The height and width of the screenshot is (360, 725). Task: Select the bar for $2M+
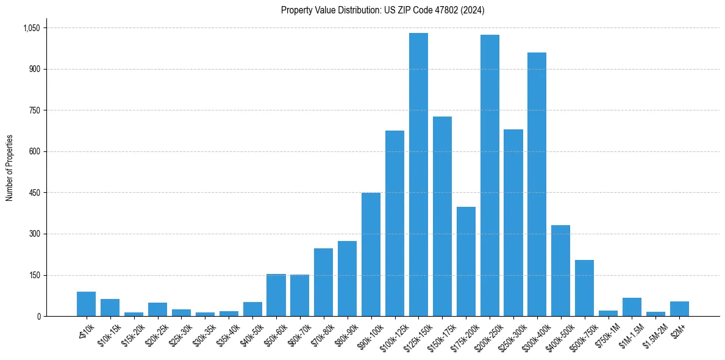[679, 309]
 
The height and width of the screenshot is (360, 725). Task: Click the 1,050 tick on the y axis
[31, 28]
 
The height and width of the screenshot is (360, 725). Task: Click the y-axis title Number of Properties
[10, 168]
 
